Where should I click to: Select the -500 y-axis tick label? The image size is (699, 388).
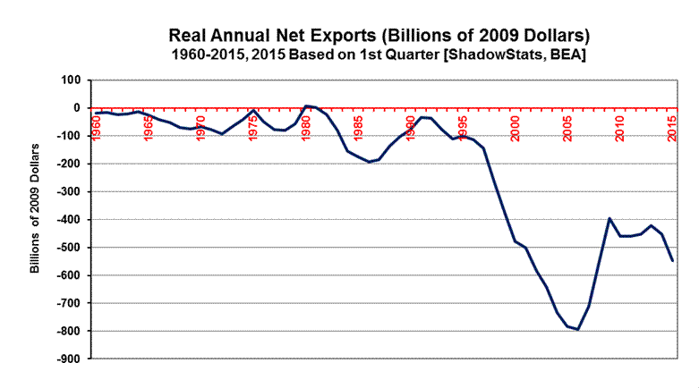[66, 248]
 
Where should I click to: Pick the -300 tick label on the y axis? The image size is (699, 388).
[66, 192]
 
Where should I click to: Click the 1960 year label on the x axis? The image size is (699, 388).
[97, 129]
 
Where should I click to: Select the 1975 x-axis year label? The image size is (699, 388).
[253, 129]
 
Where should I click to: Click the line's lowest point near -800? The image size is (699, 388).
[578, 330]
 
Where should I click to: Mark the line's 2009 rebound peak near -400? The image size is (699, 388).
[609, 218]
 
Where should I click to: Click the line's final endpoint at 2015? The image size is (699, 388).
[672, 260]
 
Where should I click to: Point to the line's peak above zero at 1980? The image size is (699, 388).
[306, 105]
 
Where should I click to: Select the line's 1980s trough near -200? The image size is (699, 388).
[369, 162]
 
